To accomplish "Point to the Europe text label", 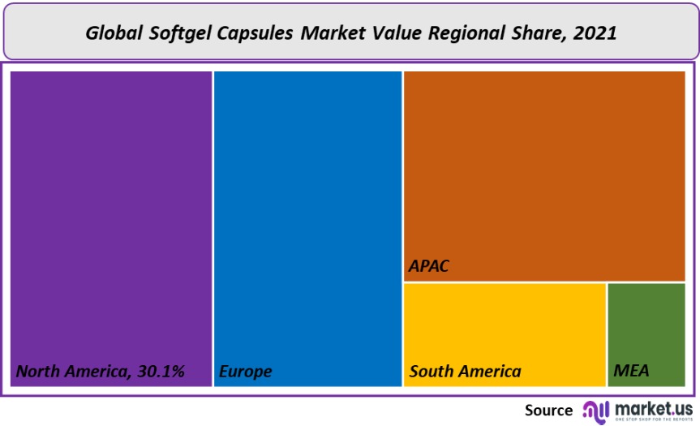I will point(246,372).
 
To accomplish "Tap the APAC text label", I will point(429,266).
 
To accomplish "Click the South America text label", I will point(466,372).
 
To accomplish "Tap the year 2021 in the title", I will point(595,33).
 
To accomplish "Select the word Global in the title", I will point(114,33).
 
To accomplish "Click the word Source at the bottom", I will point(548,410).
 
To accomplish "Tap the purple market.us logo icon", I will point(596,411).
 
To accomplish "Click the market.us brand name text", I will point(653,407).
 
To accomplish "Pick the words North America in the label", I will point(71,372).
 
